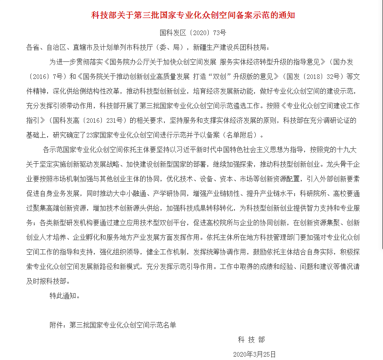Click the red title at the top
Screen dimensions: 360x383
coord(193,15)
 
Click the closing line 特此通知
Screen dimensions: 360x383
coord(65,296)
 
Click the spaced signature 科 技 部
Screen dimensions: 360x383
coord(251,340)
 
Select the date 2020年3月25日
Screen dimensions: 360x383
coord(254,355)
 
